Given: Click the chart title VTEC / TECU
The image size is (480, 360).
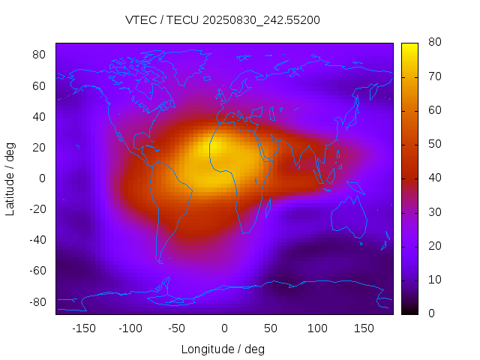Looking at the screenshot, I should click(x=223, y=20).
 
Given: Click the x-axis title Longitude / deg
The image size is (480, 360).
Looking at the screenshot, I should click(x=223, y=349).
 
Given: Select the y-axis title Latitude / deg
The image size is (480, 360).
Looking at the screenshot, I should click(x=10, y=178).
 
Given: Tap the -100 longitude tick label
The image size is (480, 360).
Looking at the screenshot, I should click(x=130, y=328).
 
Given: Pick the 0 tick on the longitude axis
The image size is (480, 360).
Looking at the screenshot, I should click(x=224, y=328).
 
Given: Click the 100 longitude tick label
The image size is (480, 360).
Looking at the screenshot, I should click(x=318, y=328).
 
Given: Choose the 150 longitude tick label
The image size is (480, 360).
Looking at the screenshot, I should click(x=364, y=328).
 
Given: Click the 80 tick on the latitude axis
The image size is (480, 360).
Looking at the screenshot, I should click(x=39, y=55).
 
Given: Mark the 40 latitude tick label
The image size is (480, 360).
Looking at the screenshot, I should click(x=39, y=116).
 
